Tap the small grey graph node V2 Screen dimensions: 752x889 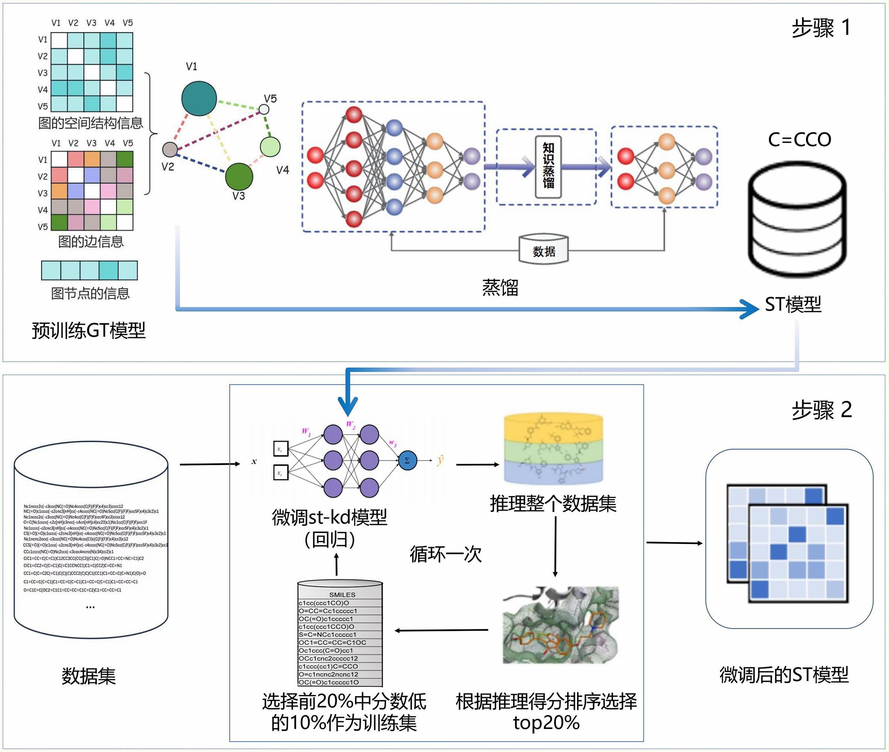[170, 150]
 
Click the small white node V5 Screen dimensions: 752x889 [264, 109]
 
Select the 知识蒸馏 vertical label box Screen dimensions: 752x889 [548, 167]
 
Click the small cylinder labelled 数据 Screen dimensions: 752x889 [543, 250]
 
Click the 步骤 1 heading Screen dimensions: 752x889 [821, 28]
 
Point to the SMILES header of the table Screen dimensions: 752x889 [342, 594]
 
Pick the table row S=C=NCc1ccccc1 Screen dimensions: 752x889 [328, 634]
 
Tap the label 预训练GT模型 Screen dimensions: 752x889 [89, 330]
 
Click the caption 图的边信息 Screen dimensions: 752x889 [91, 242]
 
